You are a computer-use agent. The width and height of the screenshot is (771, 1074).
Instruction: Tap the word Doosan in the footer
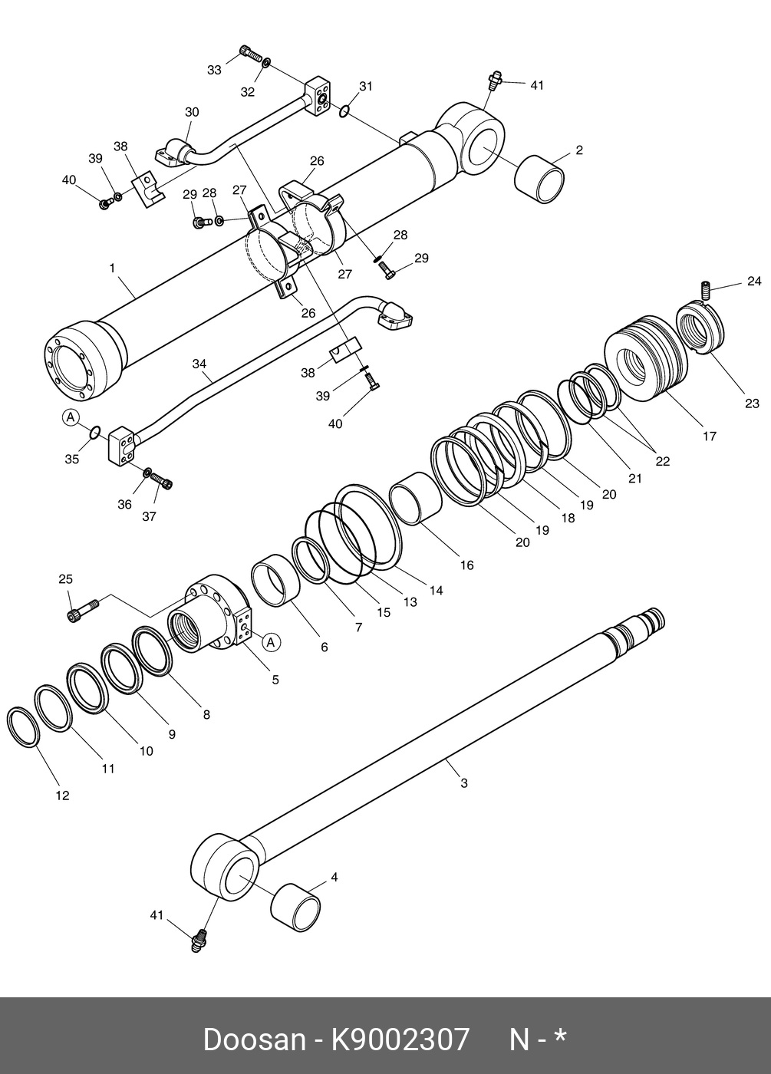click(253, 1039)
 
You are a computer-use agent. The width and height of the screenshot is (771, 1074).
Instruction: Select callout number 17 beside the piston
click(710, 436)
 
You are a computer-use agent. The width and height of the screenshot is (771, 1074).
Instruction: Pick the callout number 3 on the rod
click(463, 783)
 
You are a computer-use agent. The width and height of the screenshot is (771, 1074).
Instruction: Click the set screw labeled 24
click(706, 291)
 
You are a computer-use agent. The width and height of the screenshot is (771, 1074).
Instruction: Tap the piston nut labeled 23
click(699, 328)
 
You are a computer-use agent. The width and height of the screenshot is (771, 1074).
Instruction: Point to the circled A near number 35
click(71, 417)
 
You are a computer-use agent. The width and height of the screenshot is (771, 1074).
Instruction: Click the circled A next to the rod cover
click(272, 641)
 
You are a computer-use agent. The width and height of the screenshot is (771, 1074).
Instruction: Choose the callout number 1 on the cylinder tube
click(112, 268)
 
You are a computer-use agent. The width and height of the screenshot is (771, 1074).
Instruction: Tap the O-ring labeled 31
click(345, 112)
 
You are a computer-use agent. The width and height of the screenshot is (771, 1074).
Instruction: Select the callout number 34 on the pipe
click(199, 364)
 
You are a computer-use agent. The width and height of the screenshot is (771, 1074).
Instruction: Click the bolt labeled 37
click(163, 481)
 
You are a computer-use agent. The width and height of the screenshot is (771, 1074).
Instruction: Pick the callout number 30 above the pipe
click(191, 112)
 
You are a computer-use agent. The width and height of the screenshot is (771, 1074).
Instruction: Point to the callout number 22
click(662, 461)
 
